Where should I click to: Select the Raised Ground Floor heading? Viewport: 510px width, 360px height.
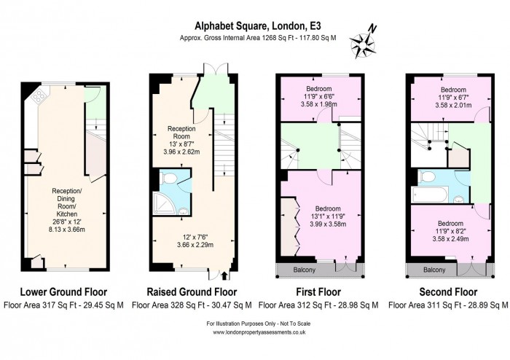(192, 292)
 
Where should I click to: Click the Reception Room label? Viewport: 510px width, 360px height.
(181, 132)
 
